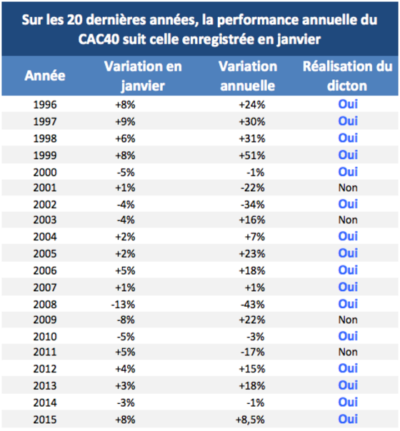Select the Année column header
pyautogui.click(x=45, y=76)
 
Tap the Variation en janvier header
pyautogui.click(x=143, y=76)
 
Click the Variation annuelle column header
pyautogui.click(x=248, y=76)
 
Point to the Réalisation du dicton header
pyautogui.click(x=347, y=76)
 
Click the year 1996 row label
pyautogui.click(x=45, y=105)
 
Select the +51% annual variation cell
pyautogui.click(x=251, y=156)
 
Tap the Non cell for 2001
pyautogui.click(x=348, y=188)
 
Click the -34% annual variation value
pyautogui.click(x=253, y=205)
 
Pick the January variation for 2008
pyautogui.click(x=123, y=305)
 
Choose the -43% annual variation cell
pyautogui.click(x=253, y=305)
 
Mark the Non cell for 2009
pyautogui.click(x=348, y=320)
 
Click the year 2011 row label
pyautogui.click(x=45, y=352)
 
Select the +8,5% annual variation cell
pyautogui.click(x=250, y=420)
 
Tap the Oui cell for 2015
pyautogui.click(x=348, y=419)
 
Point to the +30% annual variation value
pyautogui.click(x=251, y=122)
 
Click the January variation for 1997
pyautogui.click(x=125, y=122)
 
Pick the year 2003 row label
pyautogui.click(x=45, y=220)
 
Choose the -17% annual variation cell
pyautogui.click(x=253, y=352)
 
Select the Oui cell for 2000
pyautogui.click(x=348, y=172)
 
